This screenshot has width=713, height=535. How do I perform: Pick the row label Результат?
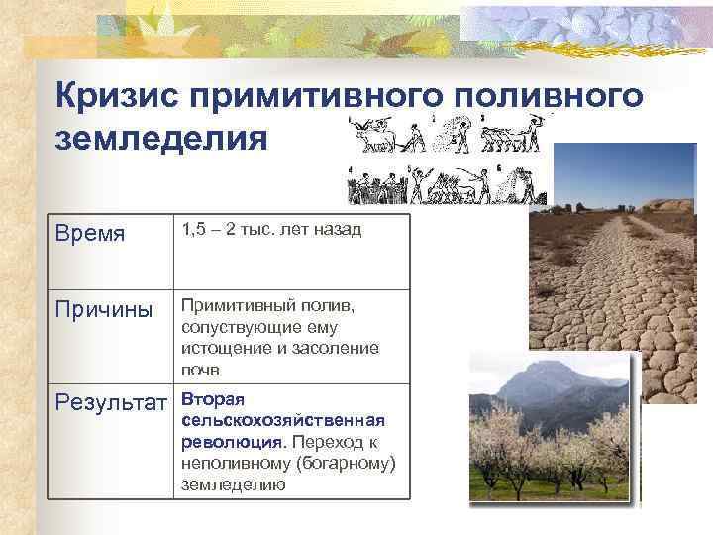pos(111,403)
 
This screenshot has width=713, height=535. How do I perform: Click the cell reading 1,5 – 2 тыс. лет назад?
pos(271,230)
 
